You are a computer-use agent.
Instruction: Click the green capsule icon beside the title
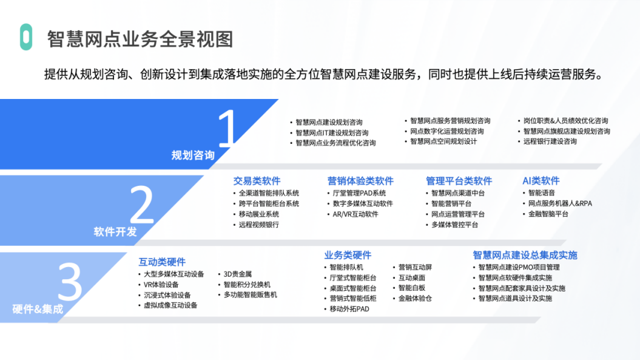(26, 37)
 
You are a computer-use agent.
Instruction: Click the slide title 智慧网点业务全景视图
(140, 39)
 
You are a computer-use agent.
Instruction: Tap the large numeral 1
(227, 128)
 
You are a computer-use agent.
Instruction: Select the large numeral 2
(141, 205)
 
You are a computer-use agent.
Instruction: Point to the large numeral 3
(70, 281)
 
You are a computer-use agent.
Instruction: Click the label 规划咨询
(193, 155)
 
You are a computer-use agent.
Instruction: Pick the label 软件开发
(115, 232)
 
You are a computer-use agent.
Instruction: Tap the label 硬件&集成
(38, 309)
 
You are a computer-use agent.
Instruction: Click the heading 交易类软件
(257, 181)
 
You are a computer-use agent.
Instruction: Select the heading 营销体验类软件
(360, 181)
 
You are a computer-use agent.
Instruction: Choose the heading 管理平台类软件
(459, 181)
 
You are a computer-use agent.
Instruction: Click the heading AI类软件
(541, 181)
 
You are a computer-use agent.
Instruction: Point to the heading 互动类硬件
(162, 262)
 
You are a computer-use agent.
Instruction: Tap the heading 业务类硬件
(348, 255)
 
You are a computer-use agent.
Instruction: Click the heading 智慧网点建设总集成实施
(525, 255)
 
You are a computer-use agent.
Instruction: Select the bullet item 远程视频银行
(259, 225)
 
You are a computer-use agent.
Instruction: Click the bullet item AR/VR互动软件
(355, 214)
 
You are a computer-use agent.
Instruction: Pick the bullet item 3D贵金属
(238, 274)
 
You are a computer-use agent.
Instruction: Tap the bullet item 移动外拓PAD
(349, 309)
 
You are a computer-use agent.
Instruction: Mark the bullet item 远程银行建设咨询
(550, 141)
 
